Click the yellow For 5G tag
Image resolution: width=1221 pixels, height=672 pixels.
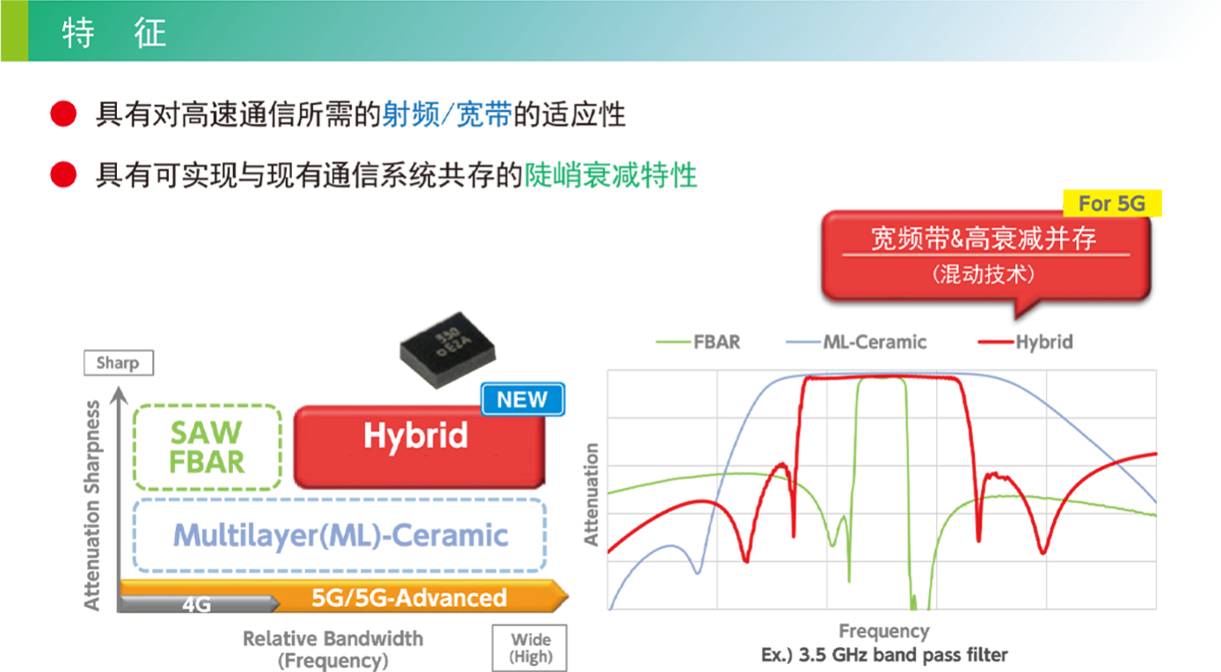click(1112, 203)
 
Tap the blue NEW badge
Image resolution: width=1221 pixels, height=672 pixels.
click(523, 399)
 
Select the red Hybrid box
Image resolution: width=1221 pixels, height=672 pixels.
click(419, 446)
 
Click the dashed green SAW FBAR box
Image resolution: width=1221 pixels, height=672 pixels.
click(207, 447)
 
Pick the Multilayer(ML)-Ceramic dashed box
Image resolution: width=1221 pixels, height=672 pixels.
click(340, 535)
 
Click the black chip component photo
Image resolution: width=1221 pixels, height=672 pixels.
click(448, 350)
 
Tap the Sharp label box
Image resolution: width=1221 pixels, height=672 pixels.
click(118, 363)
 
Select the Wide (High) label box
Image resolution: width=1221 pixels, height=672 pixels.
click(530, 647)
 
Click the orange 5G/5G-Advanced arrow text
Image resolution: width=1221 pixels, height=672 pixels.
click(409, 597)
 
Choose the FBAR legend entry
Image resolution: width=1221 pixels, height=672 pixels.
click(698, 342)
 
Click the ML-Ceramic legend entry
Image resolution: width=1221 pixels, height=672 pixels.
click(856, 342)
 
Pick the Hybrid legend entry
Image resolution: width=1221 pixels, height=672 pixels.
click(1026, 342)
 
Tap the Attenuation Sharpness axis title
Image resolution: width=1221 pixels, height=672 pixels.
click(92, 505)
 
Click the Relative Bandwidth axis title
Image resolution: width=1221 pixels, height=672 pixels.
click(333, 649)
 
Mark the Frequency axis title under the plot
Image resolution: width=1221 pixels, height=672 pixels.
click(883, 631)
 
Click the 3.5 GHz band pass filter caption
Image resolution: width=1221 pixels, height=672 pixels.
click(884, 654)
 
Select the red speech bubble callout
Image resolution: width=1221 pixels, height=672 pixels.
click(986, 258)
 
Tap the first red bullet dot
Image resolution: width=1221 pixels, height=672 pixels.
click(63, 114)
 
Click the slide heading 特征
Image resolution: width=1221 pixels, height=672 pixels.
click(113, 33)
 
